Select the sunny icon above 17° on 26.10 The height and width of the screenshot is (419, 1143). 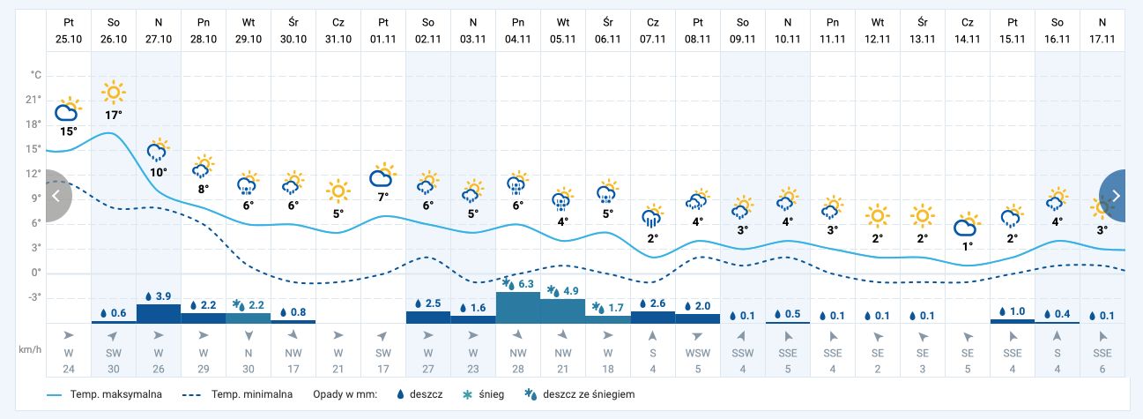[x=114, y=92]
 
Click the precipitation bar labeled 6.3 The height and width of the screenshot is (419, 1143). [x=518, y=307]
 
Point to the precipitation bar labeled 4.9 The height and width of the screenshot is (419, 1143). [x=562, y=311]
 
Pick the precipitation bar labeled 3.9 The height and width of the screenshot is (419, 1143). [x=159, y=313]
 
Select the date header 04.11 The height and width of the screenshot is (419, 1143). [x=518, y=28]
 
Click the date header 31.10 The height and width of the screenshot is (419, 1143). [x=338, y=28]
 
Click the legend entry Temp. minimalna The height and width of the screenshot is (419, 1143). [x=238, y=394]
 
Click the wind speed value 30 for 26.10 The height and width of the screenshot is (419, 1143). [x=114, y=369]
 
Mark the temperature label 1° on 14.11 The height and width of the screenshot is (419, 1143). [x=968, y=246]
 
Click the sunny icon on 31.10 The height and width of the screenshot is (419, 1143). [x=338, y=191]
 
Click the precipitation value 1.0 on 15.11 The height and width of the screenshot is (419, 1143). [x=1013, y=312]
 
